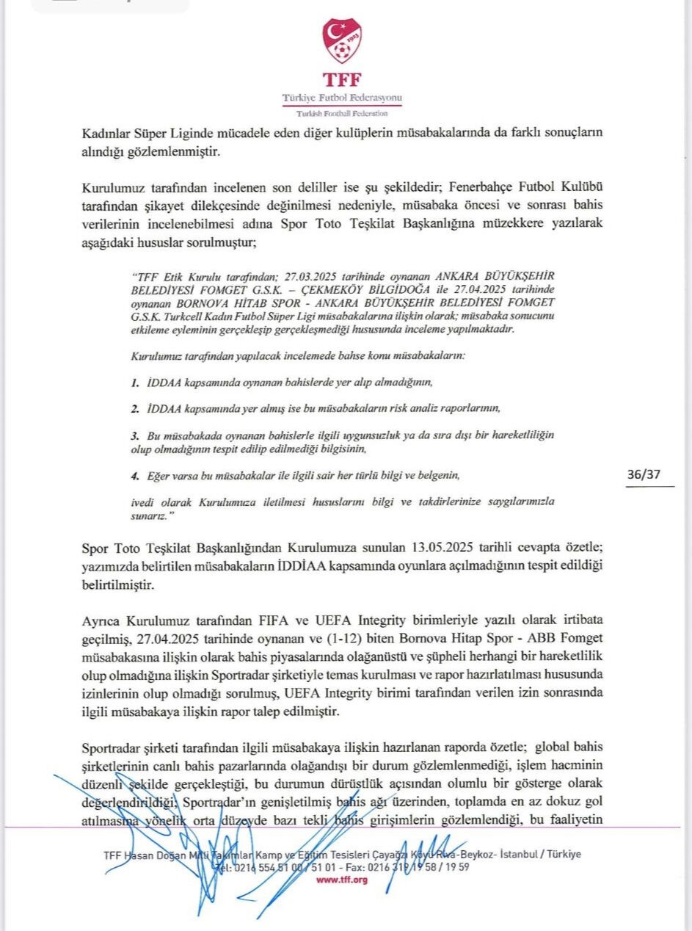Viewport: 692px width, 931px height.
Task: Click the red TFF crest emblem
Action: click(x=342, y=41)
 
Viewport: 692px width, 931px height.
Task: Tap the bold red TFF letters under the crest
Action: click(x=342, y=79)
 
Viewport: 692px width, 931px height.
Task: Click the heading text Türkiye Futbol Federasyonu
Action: click(x=342, y=98)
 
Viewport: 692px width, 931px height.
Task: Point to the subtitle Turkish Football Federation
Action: click(x=342, y=113)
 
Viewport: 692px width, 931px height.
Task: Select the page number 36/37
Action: click(x=644, y=474)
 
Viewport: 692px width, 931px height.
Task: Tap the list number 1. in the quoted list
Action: click(x=135, y=383)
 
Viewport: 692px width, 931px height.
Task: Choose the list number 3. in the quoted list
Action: click(x=135, y=435)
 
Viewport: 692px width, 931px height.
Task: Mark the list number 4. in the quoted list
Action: click(x=135, y=475)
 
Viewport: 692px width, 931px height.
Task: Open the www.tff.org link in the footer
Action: click(x=341, y=880)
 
